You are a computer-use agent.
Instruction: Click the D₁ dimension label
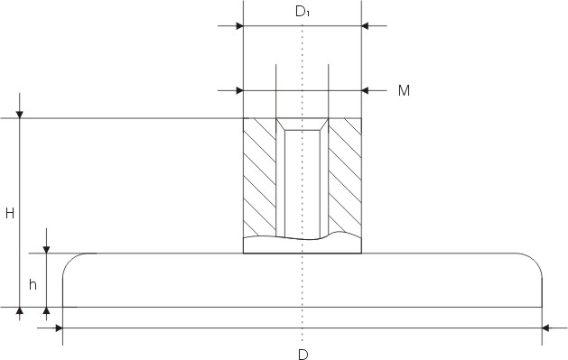[x=303, y=12]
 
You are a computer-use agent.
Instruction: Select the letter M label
[x=404, y=90]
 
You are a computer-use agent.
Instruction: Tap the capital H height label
[x=10, y=214]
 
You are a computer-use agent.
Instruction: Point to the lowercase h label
[x=33, y=285]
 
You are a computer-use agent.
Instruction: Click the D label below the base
[x=303, y=355]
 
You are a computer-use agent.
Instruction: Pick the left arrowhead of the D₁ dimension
[x=239, y=26]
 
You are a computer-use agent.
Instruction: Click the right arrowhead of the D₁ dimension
[x=365, y=26]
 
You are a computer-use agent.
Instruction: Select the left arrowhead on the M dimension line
[x=239, y=90]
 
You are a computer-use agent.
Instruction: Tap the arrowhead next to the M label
[x=365, y=90]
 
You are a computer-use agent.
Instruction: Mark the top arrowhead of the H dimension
[x=20, y=115]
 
